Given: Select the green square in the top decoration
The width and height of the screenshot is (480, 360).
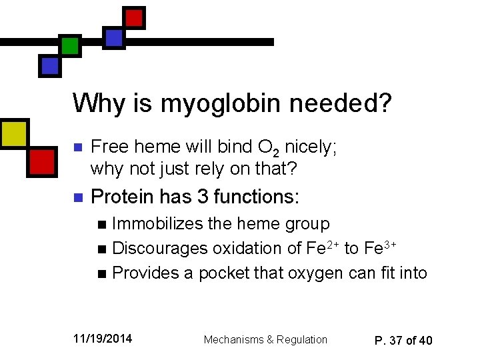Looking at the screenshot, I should (69, 46).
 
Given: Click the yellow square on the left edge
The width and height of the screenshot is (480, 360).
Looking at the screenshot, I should (13, 133).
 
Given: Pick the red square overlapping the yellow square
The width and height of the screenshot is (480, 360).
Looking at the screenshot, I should (41, 161).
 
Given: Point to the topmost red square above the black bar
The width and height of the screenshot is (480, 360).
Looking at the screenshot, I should (135, 17).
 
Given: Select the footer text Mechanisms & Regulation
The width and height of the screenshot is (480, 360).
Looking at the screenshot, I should (265, 339).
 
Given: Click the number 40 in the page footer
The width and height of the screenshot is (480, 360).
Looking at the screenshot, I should (425, 341).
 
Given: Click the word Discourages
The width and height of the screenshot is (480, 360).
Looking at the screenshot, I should (159, 248).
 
